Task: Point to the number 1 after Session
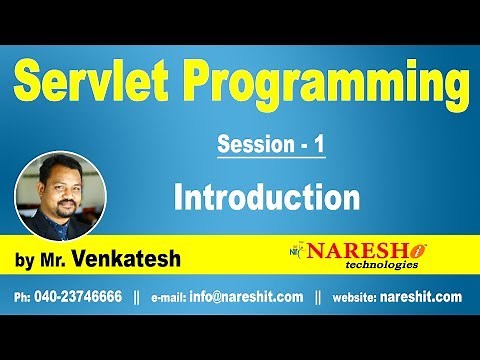point(318,145)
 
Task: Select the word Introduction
point(266,196)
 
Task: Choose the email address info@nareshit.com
point(246,297)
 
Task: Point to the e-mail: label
point(172,297)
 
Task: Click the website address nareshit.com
point(423,297)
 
